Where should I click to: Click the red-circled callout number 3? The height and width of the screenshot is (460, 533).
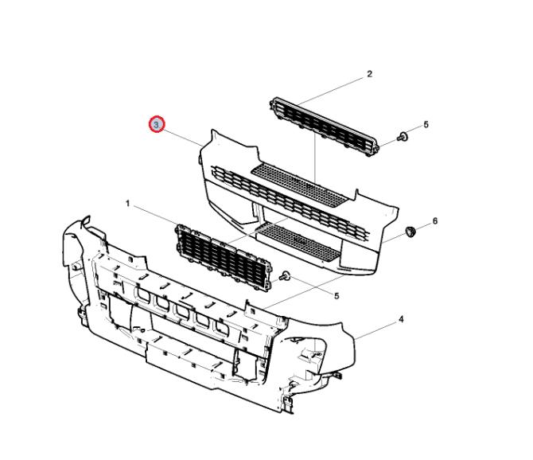pos(157,124)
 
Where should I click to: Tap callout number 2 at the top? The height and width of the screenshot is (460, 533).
pos(369,74)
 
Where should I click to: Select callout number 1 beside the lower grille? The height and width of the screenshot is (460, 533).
pos(128,204)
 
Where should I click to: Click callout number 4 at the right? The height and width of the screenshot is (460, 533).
pos(401,319)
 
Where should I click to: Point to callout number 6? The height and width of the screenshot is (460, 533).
pos(435,221)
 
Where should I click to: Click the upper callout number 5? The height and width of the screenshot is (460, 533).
pos(426,125)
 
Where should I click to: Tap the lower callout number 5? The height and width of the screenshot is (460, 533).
pos(337,296)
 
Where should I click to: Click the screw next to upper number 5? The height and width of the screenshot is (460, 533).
pos(403,137)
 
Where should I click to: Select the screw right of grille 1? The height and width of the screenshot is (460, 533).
pos(285,275)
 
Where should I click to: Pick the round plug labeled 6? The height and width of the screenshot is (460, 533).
pos(410,232)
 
